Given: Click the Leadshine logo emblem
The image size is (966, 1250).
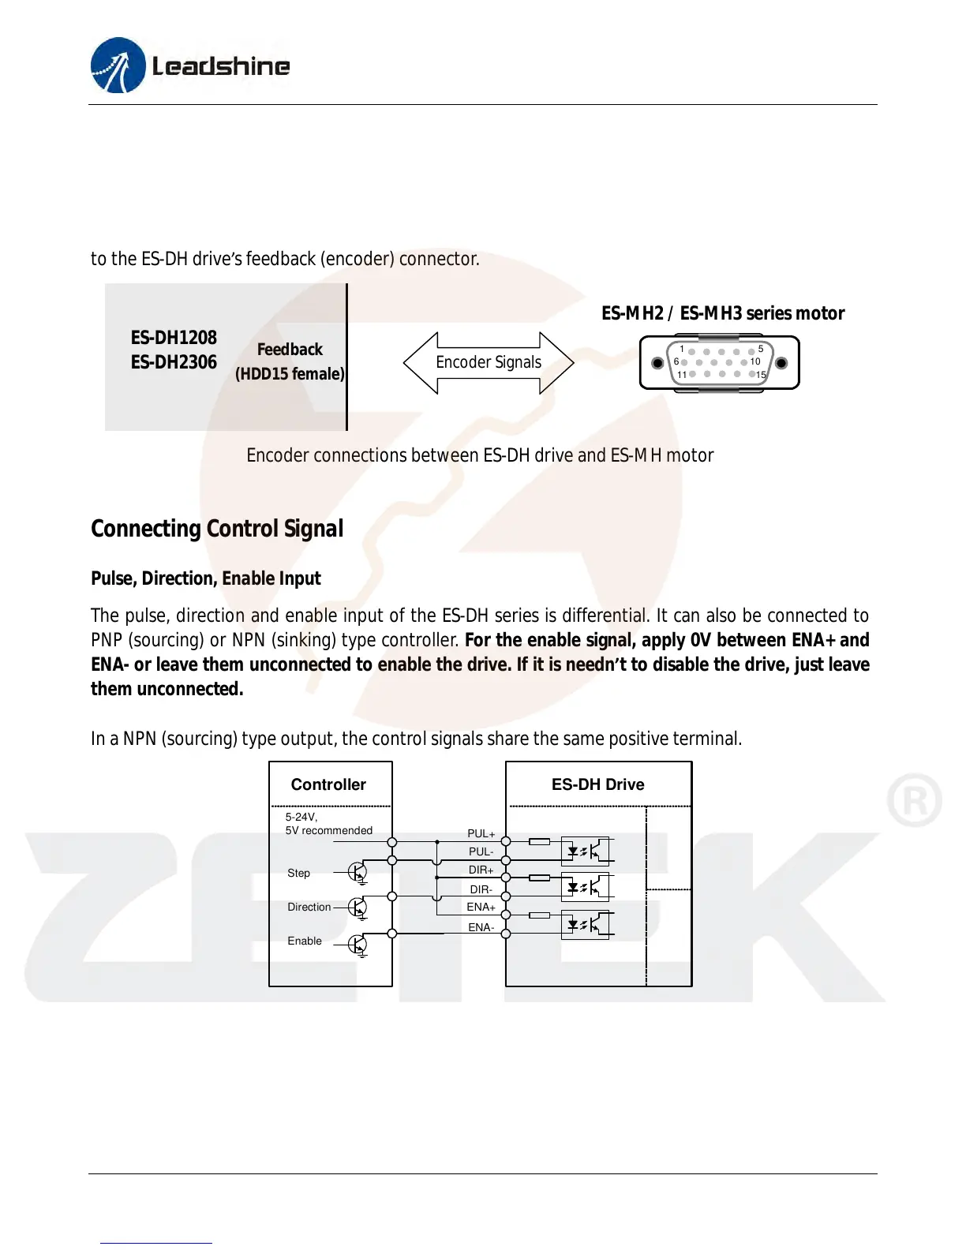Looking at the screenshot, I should coord(118,65).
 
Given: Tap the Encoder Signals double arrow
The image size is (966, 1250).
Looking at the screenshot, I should coord(489,362).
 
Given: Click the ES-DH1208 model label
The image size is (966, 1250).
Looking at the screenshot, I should coord(174,338).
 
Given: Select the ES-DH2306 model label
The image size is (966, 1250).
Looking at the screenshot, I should coord(174,362).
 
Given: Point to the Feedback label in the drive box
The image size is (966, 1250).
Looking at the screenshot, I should coord(290,350).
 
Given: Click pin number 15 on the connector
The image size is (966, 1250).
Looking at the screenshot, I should coord(761,375).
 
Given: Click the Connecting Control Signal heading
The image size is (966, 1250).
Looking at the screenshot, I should coord(217,529).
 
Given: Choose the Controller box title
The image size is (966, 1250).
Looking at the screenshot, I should coord(328,784).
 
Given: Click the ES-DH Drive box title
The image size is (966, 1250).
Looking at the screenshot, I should coord(597,784).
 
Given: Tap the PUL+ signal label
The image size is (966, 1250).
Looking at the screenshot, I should coord(481,833).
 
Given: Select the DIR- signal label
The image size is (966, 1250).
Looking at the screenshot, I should coord(481,889).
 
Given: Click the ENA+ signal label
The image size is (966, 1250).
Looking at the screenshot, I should coord(481,908).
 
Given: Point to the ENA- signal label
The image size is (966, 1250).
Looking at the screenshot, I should coord(481,927).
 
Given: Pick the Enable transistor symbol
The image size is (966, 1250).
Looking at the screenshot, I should coord(358,944).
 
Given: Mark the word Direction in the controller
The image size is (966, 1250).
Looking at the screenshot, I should coord(309,908).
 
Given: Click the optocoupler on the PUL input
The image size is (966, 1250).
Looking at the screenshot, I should coord(585,851).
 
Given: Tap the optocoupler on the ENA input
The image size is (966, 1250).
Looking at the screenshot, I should coord(585,924).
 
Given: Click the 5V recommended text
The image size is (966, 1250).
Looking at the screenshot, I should coord(329,831).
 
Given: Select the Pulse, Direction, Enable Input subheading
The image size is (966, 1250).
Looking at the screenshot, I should coord(206,578).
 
